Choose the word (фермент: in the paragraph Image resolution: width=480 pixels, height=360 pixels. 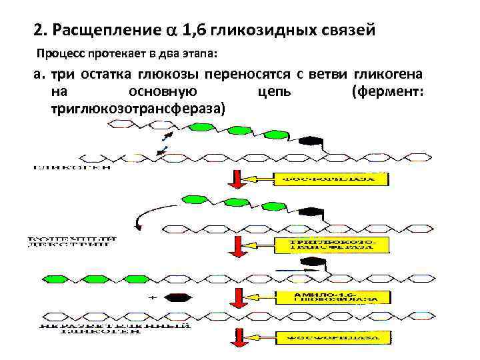coord(387,91)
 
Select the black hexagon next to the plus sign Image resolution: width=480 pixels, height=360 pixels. coord(177,298)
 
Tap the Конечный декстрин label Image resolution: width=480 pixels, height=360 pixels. coord(73,241)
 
